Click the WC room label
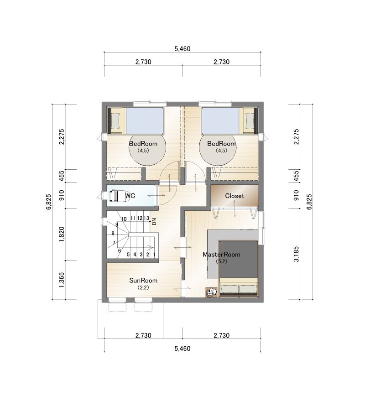130,196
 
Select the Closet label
235,196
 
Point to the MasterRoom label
221,255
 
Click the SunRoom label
143,281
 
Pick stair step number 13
146,218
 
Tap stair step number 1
154,255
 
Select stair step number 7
114,243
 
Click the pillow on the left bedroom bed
115,120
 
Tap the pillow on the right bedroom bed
250,120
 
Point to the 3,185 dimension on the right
297,254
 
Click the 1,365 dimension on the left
62,280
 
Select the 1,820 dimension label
62,235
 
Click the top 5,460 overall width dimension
182,49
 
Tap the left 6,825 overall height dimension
49,202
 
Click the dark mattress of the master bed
239,259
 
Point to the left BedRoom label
143,144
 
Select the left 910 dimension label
62,195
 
